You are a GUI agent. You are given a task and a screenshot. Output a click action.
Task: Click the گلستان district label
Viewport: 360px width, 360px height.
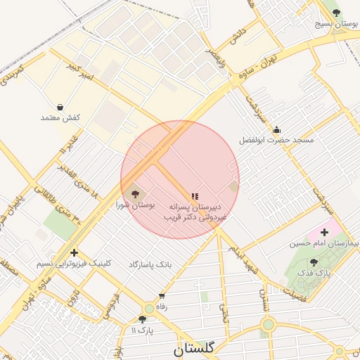[193, 347]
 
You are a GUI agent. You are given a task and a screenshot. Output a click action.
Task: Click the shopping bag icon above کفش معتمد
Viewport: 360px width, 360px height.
[60, 108]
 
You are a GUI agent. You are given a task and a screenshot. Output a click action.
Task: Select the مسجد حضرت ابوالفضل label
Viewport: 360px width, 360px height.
[276, 141]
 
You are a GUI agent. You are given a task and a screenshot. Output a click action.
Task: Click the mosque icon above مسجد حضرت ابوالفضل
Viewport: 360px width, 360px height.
[276, 129]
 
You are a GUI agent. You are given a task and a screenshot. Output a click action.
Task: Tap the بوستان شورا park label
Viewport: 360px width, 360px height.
[136, 205]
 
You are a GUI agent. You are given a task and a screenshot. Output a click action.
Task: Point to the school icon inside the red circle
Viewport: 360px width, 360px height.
[194, 196]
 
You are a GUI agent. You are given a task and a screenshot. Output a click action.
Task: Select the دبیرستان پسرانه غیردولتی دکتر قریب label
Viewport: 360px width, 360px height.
[195, 213]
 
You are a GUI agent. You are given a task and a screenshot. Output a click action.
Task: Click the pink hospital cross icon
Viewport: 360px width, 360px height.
[324, 232]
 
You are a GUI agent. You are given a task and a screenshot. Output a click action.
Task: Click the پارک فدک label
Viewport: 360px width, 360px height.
[313, 272]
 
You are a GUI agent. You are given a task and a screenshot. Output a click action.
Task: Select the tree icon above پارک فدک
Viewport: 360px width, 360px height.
[313, 262]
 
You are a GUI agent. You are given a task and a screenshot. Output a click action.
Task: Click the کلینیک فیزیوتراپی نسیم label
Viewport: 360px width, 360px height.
[75, 263]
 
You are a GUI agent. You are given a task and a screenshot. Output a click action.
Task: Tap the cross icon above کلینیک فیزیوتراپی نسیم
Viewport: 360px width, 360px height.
[74, 252]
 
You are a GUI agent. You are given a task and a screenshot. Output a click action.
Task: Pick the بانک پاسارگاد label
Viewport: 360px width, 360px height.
[150, 264]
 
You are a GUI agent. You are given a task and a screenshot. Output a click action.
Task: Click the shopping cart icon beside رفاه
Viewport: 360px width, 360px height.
[162, 296]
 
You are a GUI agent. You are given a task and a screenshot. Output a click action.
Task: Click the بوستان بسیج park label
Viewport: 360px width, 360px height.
[337, 25]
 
